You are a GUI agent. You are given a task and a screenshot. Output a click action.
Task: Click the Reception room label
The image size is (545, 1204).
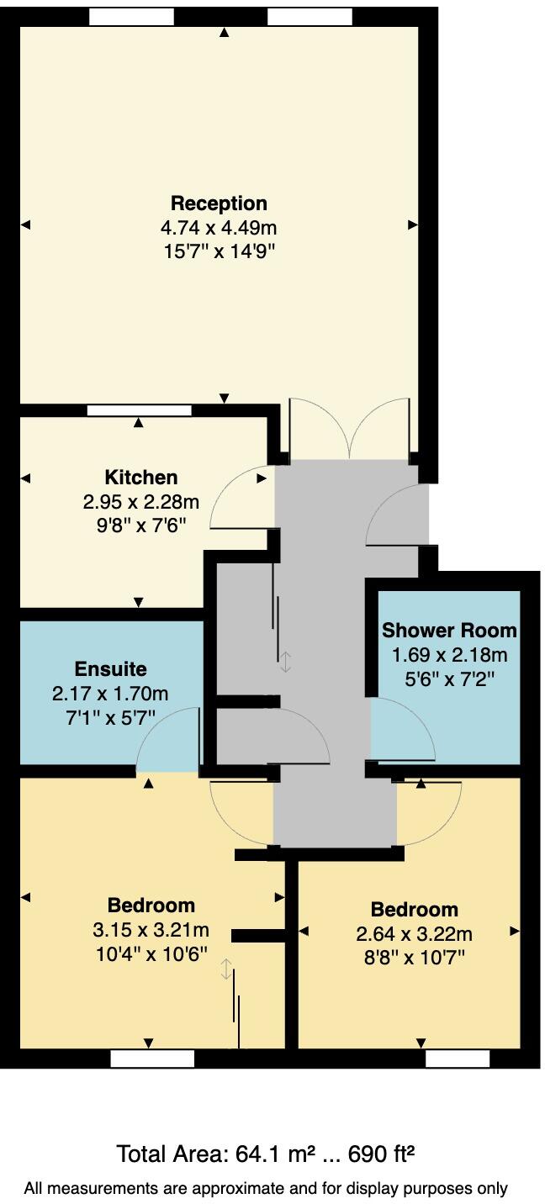219,203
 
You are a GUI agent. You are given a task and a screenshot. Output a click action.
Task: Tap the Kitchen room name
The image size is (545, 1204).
140,478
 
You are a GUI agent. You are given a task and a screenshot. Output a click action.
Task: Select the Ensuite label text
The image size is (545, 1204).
110,669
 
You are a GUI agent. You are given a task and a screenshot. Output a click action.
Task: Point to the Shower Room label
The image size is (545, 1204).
449,631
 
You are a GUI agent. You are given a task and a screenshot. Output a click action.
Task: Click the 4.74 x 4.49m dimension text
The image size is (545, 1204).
219,227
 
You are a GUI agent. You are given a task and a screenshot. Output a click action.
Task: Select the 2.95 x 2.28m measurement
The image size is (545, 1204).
140,502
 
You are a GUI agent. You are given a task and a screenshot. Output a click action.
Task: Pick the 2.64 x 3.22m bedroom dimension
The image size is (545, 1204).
414,934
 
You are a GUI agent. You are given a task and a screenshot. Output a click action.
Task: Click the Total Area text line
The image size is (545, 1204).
266,1154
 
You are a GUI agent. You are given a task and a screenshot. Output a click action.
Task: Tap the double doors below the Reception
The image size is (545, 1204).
350,429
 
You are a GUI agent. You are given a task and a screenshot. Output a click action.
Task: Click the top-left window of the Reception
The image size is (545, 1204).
131,17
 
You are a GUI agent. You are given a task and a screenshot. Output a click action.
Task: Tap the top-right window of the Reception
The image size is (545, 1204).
310,17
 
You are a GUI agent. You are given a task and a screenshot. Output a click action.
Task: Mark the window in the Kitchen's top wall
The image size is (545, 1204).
139,411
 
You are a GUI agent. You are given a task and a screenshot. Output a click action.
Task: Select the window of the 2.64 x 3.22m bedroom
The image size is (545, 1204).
458,1059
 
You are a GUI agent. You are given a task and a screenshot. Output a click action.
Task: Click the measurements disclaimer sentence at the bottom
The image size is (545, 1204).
266,1188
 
